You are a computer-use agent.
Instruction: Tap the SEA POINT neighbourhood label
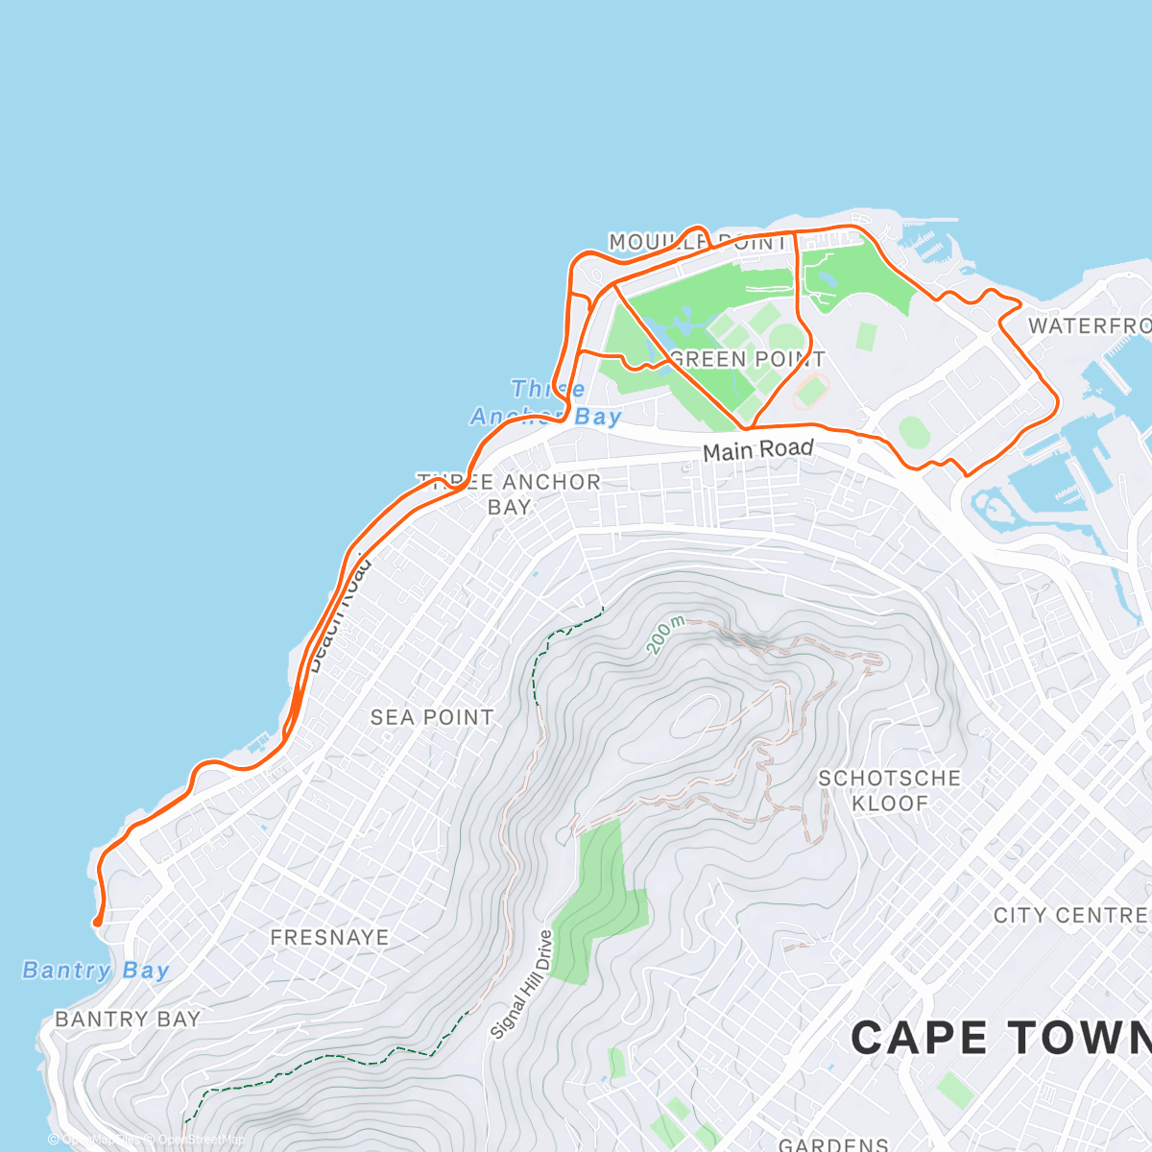pos(432,717)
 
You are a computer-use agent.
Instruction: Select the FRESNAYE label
pos(329,937)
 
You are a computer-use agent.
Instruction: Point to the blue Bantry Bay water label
pos(96,971)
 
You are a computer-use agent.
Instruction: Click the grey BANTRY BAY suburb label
pos(128,1019)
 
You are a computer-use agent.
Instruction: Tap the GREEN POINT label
pos(748,359)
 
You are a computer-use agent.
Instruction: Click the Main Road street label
pos(758,449)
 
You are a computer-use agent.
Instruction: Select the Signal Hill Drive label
pos(522,985)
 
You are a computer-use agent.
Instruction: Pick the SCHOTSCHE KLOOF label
pos(889,790)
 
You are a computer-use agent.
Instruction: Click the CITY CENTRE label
pos(1071,915)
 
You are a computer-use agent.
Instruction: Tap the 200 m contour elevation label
pos(664,636)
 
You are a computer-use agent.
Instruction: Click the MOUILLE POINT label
pos(698,242)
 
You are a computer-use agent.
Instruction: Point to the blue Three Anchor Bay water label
pos(546,402)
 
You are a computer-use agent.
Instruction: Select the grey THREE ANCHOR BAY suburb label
pos(510,493)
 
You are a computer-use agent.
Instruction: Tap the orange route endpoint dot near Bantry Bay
pos(97,923)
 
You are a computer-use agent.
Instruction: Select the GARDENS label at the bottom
pos(833,1143)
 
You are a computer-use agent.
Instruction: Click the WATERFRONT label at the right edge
pos(1090,325)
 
